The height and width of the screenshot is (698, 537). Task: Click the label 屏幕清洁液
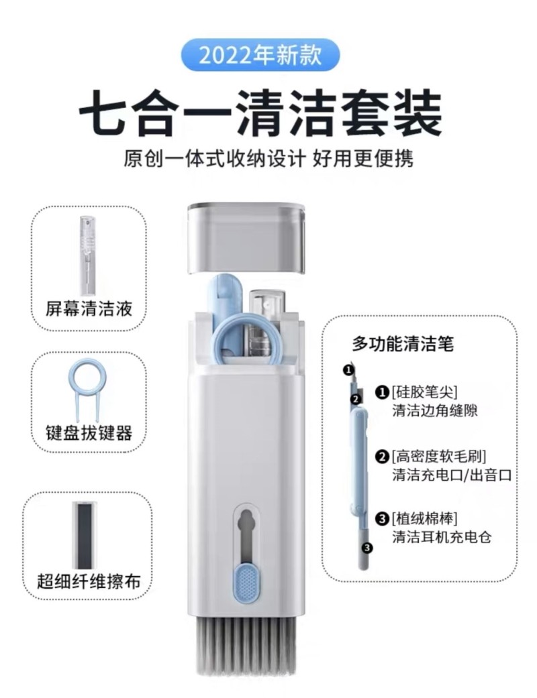[x=89, y=310]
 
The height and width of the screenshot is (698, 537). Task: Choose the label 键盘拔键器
[x=89, y=433]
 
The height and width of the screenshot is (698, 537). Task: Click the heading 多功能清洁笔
[x=403, y=345]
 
